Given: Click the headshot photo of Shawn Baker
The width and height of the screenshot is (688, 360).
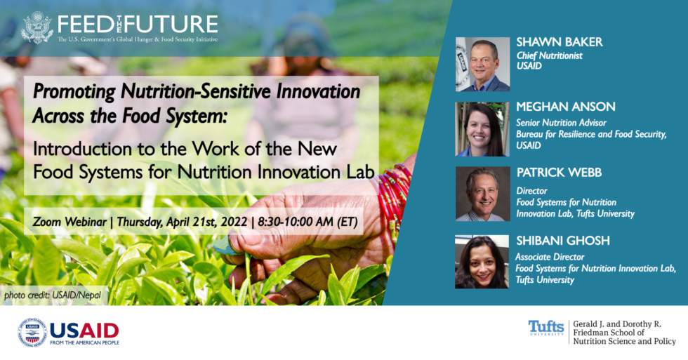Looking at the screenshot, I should click(482, 64).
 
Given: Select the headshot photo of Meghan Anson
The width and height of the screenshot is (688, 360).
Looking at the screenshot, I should click(482, 129).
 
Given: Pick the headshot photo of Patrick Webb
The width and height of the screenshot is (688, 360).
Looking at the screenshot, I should click(482, 194).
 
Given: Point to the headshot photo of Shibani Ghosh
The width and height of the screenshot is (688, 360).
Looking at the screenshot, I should click(482, 261).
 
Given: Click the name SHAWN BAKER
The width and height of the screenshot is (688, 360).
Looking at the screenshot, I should click(559, 42).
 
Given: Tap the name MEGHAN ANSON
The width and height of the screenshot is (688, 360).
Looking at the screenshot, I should click(566, 107).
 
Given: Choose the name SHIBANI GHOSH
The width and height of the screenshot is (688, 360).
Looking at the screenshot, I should click(562, 241).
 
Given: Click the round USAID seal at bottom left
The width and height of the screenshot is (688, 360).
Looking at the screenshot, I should click(32, 333).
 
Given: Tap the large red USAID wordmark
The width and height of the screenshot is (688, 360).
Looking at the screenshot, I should click(84, 329).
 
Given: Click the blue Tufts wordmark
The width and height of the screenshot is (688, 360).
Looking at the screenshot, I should click(545, 327).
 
